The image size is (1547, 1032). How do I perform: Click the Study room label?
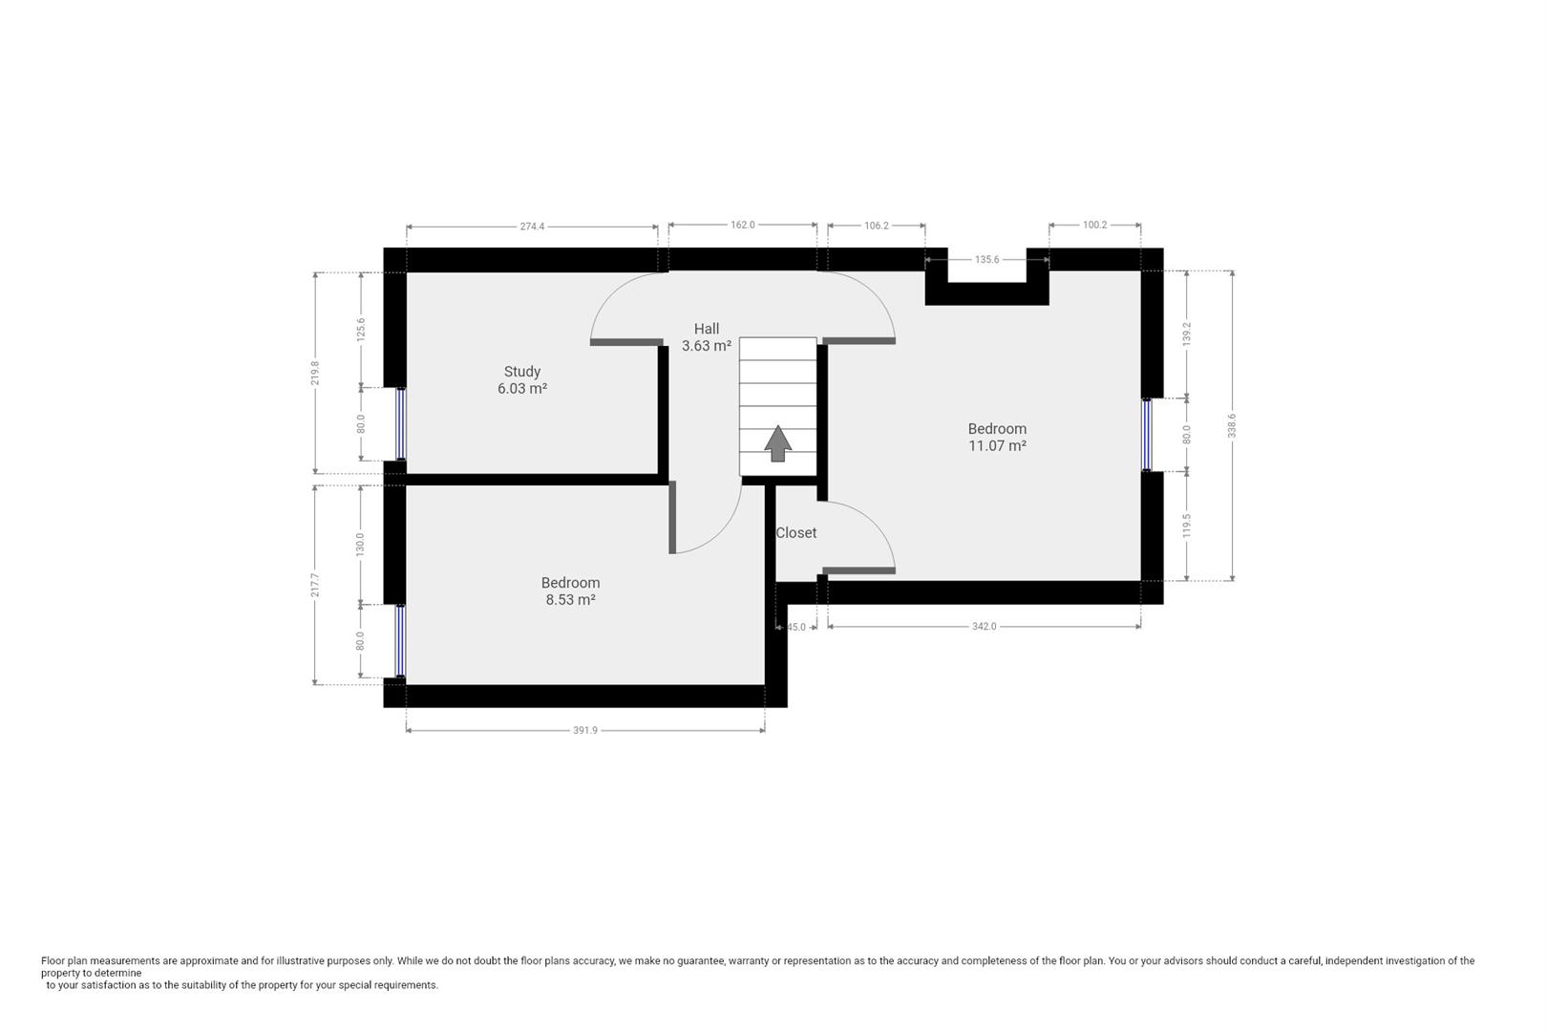[x=522, y=372]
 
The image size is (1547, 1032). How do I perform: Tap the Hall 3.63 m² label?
[x=707, y=337]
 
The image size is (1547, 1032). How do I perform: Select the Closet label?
[x=796, y=533]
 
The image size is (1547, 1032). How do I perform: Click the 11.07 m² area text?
[x=997, y=446]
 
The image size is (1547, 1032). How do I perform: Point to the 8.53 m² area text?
[x=570, y=600]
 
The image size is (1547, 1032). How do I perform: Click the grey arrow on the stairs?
[x=777, y=443]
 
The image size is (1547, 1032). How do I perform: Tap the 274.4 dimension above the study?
[x=532, y=226]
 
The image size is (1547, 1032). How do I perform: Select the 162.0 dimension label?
[x=743, y=225]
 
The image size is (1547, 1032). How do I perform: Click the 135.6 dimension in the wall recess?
[x=986, y=259]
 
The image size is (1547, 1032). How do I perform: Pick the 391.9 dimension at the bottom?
[x=585, y=730]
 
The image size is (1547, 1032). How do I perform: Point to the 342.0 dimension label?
[x=985, y=626]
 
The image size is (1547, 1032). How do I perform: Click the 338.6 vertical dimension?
[x=1232, y=426]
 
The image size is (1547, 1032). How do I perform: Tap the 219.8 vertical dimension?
[x=315, y=374]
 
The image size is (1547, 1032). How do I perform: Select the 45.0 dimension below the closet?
[x=796, y=627]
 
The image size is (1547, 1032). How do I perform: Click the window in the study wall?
[x=400, y=423]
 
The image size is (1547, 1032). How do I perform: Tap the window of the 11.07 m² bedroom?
[x=1147, y=435]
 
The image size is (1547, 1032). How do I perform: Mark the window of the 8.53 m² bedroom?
[x=400, y=641]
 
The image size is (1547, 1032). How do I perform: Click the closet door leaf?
[x=859, y=570]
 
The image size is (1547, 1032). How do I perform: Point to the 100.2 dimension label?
[x=1094, y=225]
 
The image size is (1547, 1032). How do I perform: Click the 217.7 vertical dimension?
[x=315, y=586]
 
